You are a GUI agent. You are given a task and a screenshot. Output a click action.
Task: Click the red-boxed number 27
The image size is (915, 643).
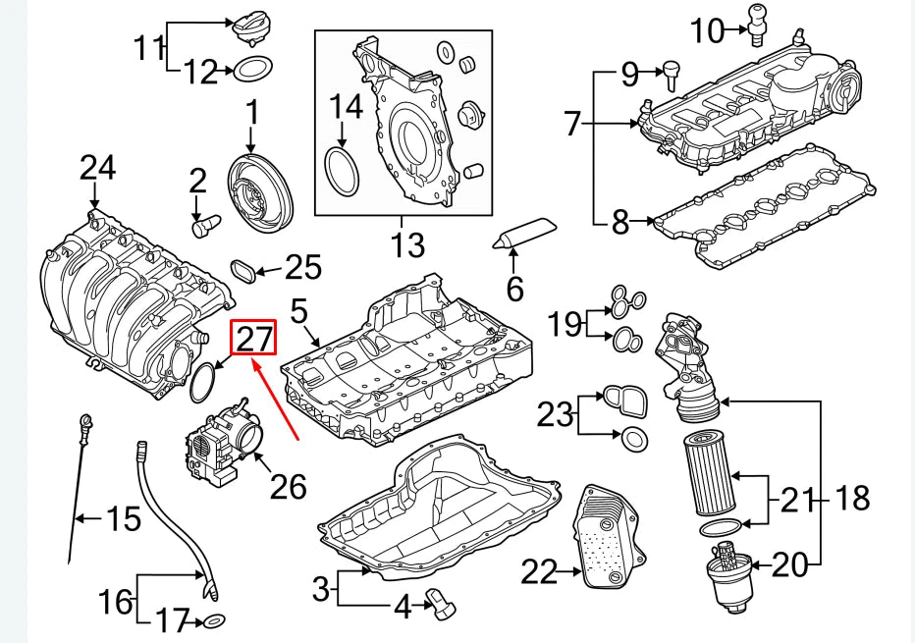[x=254, y=338]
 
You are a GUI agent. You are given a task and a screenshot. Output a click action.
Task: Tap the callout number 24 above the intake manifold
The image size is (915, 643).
[x=96, y=168]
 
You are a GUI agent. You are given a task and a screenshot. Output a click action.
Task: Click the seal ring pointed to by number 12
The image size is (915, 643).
[x=253, y=70]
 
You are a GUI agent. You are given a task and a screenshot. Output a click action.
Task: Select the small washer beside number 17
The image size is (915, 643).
[x=212, y=620]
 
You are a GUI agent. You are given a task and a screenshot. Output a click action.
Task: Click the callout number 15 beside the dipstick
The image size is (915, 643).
[x=124, y=518]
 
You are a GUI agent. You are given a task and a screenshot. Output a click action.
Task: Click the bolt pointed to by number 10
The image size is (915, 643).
[x=758, y=24]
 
